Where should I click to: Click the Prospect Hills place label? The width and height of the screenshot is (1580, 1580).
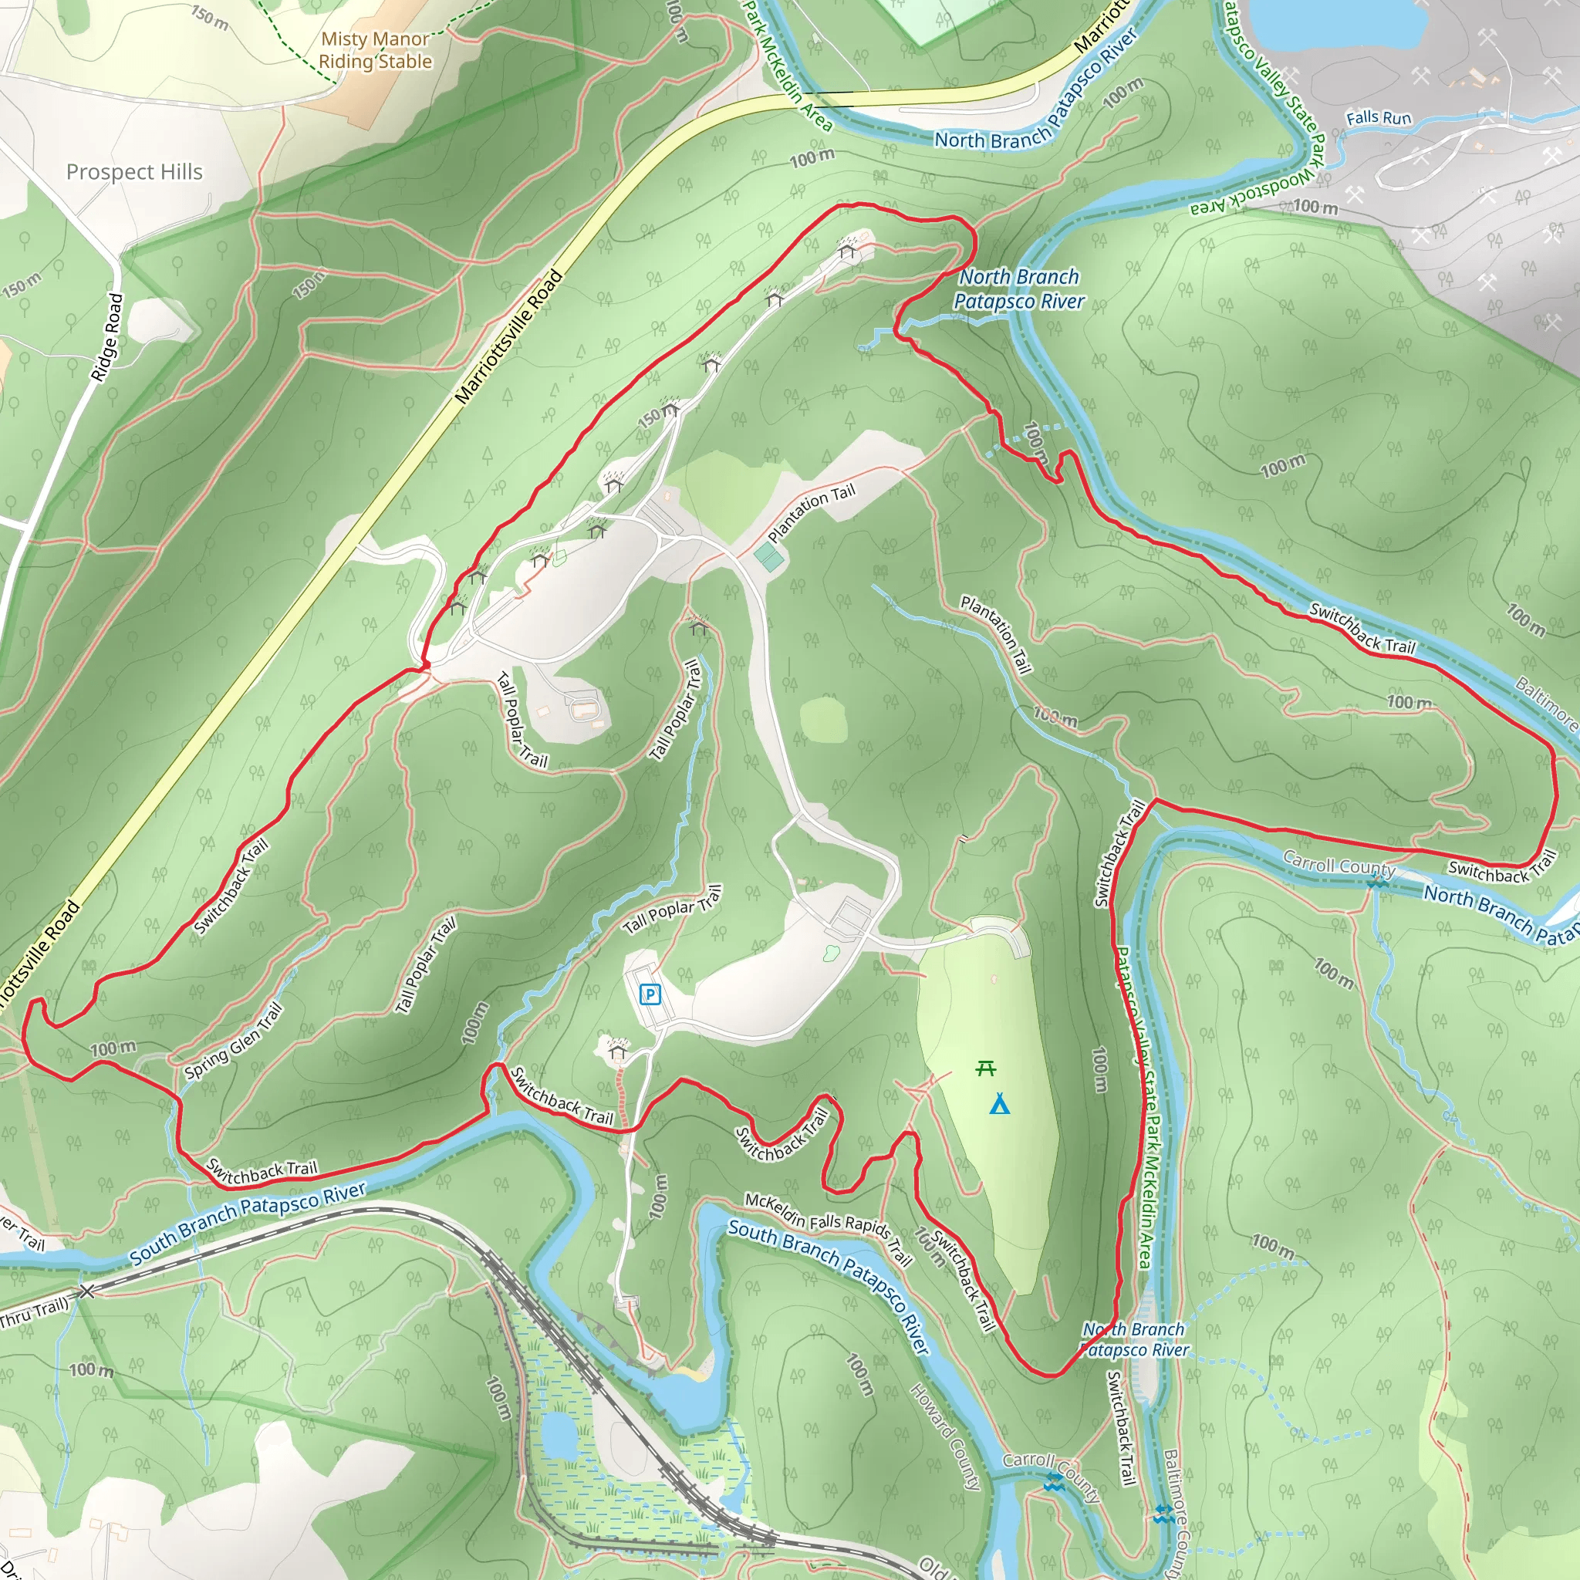click(x=134, y=172)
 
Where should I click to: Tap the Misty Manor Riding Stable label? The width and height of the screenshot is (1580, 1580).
click(x=376, y=50)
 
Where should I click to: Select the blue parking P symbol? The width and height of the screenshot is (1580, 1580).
click(x=650, y=994)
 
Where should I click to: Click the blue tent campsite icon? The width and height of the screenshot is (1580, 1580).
click(x=999, y=1106)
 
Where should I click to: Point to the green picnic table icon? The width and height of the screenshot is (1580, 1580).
click(x=986, y=1068)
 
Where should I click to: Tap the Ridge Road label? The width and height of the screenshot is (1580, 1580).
click(x=107, y=337)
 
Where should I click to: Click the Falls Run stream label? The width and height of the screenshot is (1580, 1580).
click(x=1379, y=118)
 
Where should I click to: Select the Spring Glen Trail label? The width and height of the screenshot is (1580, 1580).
click(x=234, y=1041)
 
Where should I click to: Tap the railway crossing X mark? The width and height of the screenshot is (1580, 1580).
click(x=87, y=1291)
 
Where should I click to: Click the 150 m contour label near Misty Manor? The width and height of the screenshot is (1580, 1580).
click(x=210, y=17)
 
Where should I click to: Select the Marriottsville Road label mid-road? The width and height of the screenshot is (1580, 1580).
click(x=509, y=337)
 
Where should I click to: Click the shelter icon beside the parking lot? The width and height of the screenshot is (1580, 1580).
click(x=617, y=1051)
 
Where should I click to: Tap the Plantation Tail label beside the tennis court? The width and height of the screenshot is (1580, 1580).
click(x=812, y=513)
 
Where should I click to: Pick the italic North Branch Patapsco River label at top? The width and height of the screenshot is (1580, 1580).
click(x=1019, y=289)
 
